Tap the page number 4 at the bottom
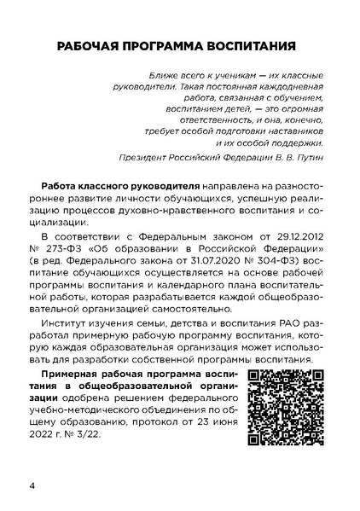[32, 486]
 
